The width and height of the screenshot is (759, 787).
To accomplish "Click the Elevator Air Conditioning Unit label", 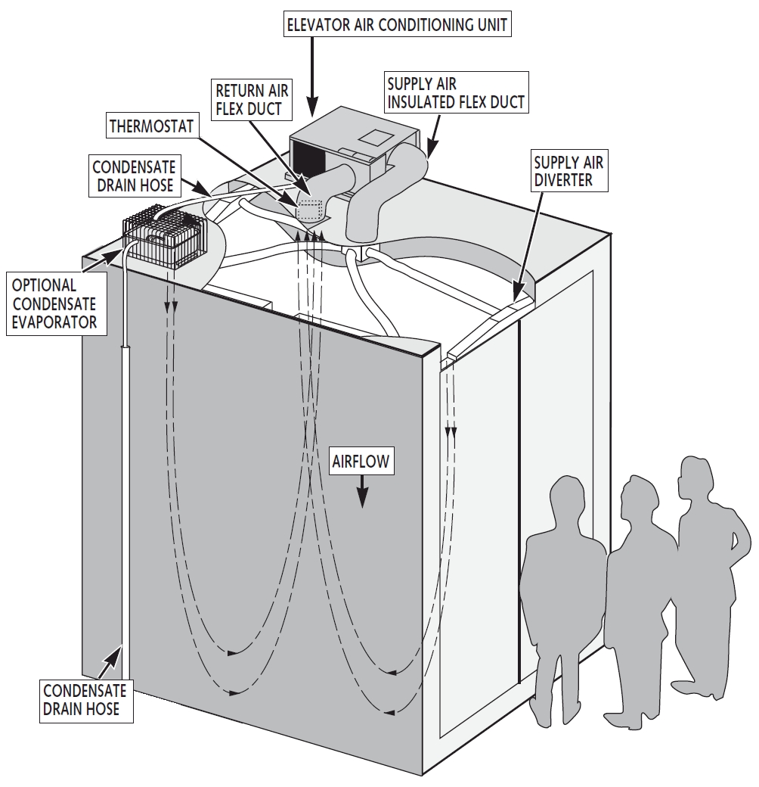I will (396, 24).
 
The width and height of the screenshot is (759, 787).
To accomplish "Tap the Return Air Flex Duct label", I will (250, 100).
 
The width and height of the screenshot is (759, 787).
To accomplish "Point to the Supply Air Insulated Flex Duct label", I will (455, 92).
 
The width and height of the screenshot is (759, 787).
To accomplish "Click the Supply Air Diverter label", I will (568, 171).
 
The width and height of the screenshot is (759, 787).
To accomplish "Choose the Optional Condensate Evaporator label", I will (54, 303).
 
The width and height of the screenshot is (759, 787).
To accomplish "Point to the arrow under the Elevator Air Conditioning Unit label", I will (312, 79).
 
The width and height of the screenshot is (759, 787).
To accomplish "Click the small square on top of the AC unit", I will (375, 138).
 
